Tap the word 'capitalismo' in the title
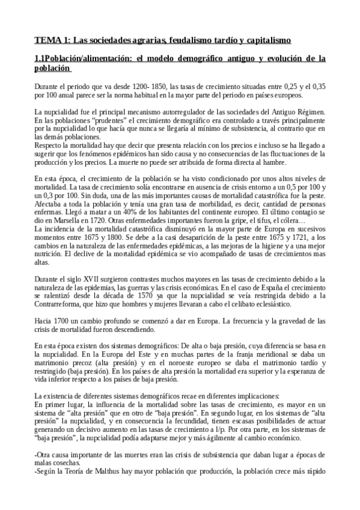[x=261, y=40]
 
